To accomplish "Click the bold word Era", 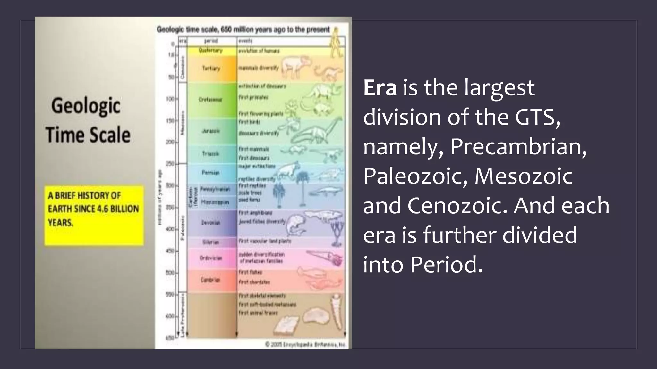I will [x=380, y=88].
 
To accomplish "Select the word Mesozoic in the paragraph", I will [x=524, y=176].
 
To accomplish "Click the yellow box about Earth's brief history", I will [x=94, y=215].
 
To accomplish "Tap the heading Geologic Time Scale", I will [x=87, y=120].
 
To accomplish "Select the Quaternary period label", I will [x=210, y=51].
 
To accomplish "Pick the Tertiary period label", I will [x=211, y=68].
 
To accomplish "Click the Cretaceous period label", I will [x=210, y=100].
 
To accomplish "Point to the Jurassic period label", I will [x=211, y=131].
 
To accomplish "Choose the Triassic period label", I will [x=210, y=154].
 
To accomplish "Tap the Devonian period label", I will [x=210, y=223].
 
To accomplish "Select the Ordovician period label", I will [x=210, y=258].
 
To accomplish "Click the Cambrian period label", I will [x=210, y=280].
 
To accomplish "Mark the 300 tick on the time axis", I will [x=170, y=186].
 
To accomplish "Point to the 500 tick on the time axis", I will [x=170, y=273].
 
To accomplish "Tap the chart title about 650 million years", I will [x=243, y=29].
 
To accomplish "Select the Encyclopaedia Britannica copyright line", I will [x=305, y=345].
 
